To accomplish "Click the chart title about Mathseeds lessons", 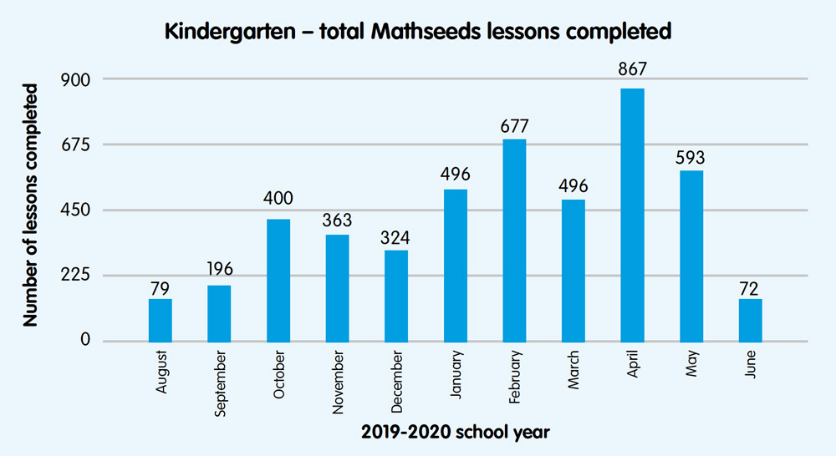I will (x=418, y=33).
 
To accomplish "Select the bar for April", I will (x=632, y=215).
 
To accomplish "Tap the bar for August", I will (x=161, y=320).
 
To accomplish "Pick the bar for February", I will (x=514, y=240).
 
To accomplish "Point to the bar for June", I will (x=751, y=320).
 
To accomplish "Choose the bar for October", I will (x=278, y=280).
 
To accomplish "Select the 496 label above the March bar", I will (x=573, y=184).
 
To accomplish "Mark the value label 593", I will (x=691, y=156).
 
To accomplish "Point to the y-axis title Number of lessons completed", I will (x=31, y=205).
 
